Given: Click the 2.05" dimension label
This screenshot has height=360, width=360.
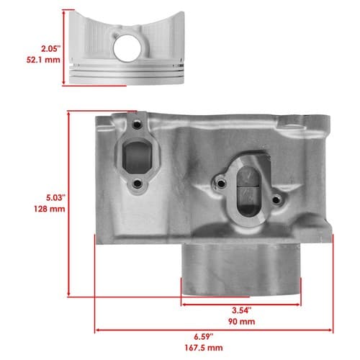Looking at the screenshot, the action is pos(50,49).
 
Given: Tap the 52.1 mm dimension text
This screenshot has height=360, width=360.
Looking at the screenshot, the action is pos(43,60).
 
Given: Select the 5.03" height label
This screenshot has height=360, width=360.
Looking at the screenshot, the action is pos(55,198).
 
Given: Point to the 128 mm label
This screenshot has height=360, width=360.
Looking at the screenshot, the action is pos(50,209).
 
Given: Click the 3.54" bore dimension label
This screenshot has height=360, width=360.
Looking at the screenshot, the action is pos(242,310).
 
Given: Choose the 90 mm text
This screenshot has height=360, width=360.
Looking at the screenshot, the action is pos(242,322).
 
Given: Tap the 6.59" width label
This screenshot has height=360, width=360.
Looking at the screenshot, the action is pos(204,337).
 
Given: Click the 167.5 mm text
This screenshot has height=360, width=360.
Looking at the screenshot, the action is pos(204,348).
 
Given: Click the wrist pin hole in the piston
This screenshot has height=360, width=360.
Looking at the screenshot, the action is pos(127,48).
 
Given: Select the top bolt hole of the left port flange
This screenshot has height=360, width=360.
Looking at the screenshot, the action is pos(137,125).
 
